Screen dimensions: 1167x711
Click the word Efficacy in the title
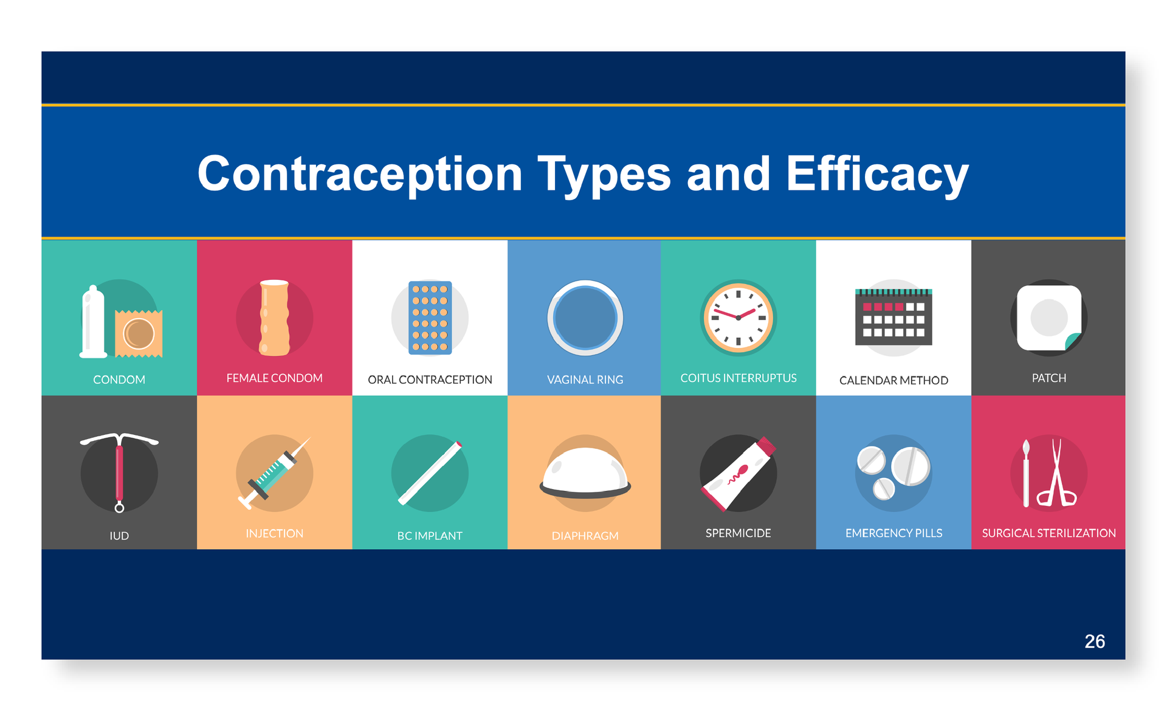pyautogui.click(x=877, y=174)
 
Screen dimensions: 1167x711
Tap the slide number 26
pyautogui.click(x=1095, y=641)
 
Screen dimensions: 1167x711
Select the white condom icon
pyautogui.click(x=93, y=322)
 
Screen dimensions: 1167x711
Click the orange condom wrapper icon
pyautogui.click(x=139, y=334)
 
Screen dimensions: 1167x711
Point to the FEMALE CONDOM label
pyautogui.click(x=274, y=378)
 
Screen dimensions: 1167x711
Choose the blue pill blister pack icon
pyautogui.click(x=430, y=317)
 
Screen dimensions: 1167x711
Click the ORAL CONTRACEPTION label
pyautogui.click(x=430, y=380)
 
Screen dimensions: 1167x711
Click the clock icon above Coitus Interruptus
pyautogui.click(x=738, y=317)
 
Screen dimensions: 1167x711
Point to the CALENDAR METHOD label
pyautogui.click(x=893, y=381)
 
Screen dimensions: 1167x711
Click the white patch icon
pyautogui.click(x=1049, y=317)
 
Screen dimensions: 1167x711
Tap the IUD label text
pyautogui.click(x=119, y=536)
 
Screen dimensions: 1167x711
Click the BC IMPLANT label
pyautogui.click(x=430, y=536)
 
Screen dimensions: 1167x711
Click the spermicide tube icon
pyautogui.click(x=738, y=474)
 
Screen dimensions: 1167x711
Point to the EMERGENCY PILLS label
pyautogui.click(x=893, y=533)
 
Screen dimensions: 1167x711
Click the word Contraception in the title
pyautogui.click(x=360, y=174)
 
